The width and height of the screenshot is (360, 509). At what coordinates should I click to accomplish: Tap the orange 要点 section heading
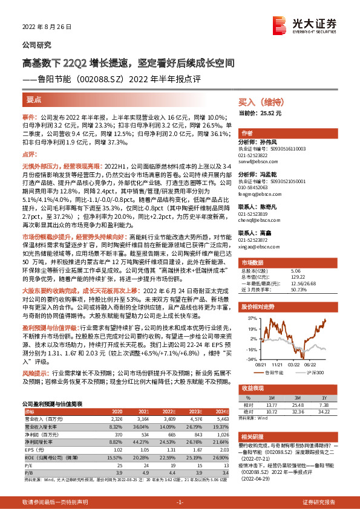coord(34,98)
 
